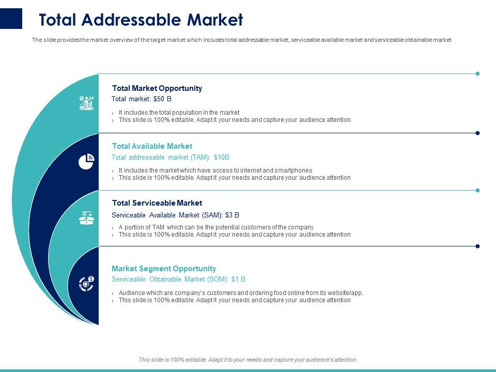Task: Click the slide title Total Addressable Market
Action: tap(141, 20)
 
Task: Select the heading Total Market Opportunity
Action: tap(157, 88)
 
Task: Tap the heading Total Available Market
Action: tap(152, 146)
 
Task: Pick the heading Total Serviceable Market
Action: tap(157, 203)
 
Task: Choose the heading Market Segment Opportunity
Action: tap(164, 269)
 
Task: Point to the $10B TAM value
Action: tap(221, 158)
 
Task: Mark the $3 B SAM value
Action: tap(232, 215)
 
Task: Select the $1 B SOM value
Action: tap(238, 280)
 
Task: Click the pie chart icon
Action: tap(86, 162)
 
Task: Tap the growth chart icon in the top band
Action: tap(86, 103)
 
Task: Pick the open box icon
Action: tap(86, 219)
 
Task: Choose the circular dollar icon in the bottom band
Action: tap(86, 283)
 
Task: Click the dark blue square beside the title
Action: tap(11, 19)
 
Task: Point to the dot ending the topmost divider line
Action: tap(477, 74)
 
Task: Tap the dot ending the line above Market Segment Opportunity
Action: tap(477, 246)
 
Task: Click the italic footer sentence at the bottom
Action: tap(248, 360)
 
